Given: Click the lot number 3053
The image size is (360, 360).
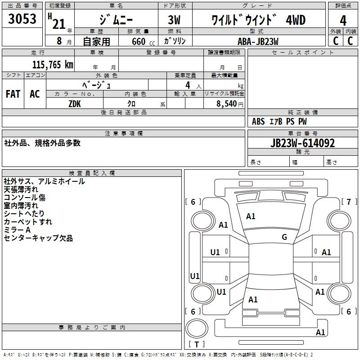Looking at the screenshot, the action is coord(22,20).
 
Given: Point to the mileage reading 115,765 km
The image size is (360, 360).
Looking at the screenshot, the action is coord(53,65).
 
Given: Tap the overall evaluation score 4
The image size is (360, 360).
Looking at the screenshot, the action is coord(343,20).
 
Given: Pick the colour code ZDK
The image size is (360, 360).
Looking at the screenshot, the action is coord(75,103).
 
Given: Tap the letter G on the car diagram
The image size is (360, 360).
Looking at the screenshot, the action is coord(284,237).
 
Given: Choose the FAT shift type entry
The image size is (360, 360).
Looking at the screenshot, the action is coord(13,94).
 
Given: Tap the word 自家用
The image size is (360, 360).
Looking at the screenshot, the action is coord(96,41).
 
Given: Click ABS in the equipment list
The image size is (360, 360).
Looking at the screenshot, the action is coord(258,121).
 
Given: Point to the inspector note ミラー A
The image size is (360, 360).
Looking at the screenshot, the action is coord(17,230).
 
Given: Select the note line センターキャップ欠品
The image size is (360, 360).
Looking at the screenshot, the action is coord(38,238).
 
